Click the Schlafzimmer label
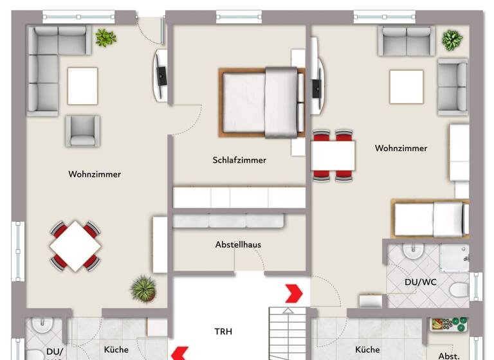(239, 160)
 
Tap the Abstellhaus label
(238, 245)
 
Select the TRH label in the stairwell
(223, 332)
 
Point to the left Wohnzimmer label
(95, 174)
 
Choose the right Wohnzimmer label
(401, 148)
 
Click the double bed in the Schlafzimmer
(262, 103)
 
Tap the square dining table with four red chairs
(75, 246)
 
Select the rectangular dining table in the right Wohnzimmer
(333, 156)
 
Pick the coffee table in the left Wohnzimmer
(82, 85)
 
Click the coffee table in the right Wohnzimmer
(406, 86)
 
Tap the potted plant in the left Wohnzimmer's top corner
(105, 38)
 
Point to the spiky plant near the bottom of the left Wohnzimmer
(143, 288)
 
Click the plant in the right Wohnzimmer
(452, 40)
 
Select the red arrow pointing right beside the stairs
(294, 293)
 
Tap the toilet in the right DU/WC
(459, 290)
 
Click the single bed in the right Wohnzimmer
(430, 219)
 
